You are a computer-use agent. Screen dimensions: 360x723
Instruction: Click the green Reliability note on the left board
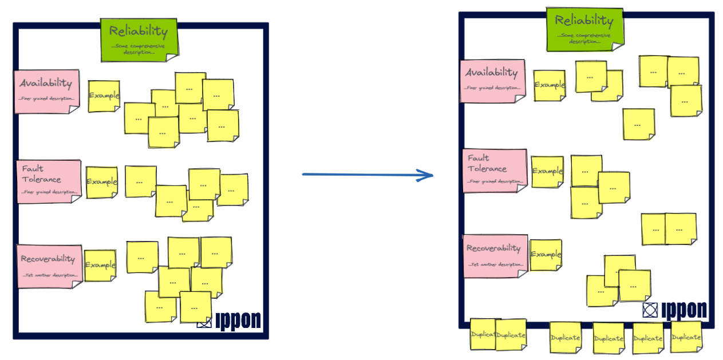click(139, 39)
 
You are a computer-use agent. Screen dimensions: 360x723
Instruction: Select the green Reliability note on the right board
click(584, 29)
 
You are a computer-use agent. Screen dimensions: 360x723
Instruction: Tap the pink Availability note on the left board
click(47, 92)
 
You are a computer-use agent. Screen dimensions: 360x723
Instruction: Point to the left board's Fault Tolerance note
click(49, 181)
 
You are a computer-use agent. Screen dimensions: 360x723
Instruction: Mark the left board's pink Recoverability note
click(49, 266)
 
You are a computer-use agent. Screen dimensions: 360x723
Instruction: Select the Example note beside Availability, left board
click(104, 96)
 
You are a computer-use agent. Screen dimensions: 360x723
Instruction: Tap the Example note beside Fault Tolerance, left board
click(102, 183)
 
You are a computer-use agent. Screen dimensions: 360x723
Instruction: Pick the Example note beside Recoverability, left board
click(100, 266)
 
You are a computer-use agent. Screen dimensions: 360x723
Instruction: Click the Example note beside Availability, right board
click(550, 85)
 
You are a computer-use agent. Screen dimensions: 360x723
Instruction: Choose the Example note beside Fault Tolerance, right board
click(547, 172)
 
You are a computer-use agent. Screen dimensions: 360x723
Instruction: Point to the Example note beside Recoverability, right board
click(546, 255)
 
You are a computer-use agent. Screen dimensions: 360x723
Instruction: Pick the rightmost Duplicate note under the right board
click(686, 337)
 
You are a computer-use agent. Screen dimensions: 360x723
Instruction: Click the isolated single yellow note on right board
click(639, 124)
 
